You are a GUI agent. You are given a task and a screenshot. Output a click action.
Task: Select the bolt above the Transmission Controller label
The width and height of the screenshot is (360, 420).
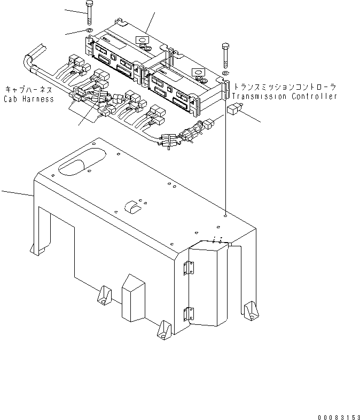[225, 54]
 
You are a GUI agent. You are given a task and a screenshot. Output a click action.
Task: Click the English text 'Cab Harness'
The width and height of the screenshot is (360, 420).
[29, 99]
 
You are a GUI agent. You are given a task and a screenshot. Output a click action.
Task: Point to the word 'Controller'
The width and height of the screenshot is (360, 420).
[315, 97]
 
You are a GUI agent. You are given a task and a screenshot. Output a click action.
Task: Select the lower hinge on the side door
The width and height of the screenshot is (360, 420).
[187, 314]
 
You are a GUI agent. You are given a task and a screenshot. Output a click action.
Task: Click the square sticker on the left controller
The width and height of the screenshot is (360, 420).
[142, 41]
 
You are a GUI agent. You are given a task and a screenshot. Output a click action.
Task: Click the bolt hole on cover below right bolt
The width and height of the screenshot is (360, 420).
[226, 215]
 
